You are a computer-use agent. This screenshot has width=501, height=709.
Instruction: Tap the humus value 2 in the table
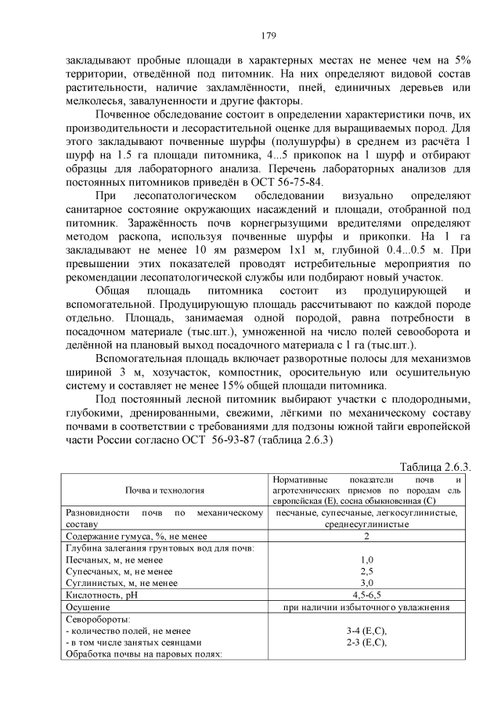366,535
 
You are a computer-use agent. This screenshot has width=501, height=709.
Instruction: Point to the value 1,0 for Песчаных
366,559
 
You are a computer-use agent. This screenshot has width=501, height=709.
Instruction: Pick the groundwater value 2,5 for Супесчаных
366,571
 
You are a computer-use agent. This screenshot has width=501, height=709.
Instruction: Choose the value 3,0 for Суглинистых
366,583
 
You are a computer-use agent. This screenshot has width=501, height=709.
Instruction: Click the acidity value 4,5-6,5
366,595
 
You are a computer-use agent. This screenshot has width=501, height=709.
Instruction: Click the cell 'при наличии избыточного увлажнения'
366,606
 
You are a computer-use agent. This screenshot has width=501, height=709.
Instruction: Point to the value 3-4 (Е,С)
366,631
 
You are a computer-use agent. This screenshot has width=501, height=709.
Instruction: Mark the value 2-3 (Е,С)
366,642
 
